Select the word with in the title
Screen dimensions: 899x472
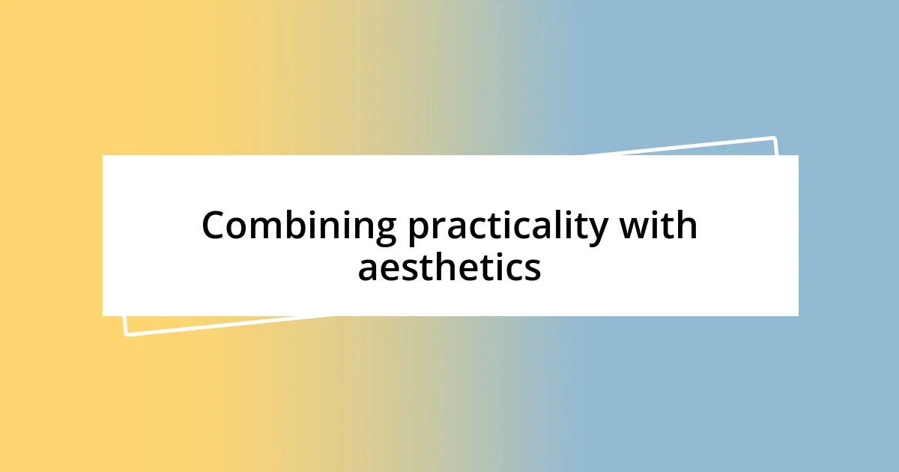click(659, 224)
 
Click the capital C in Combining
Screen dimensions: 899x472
click(214, 225)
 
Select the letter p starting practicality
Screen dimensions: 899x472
click(419, 232)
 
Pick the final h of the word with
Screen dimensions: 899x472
click(687, 224)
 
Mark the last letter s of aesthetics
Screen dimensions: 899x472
click(532, 270)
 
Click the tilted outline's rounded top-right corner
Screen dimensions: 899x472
click(775, 139)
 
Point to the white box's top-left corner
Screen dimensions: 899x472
click(103, 155)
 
